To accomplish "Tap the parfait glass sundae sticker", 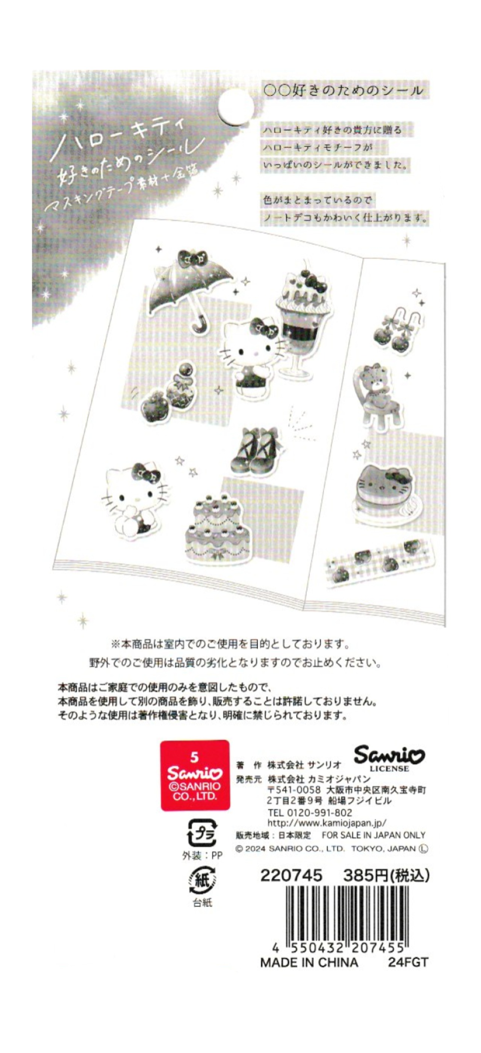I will pos(301,319).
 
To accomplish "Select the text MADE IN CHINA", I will pos(309,963).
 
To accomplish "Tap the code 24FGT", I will pos(407,963).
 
